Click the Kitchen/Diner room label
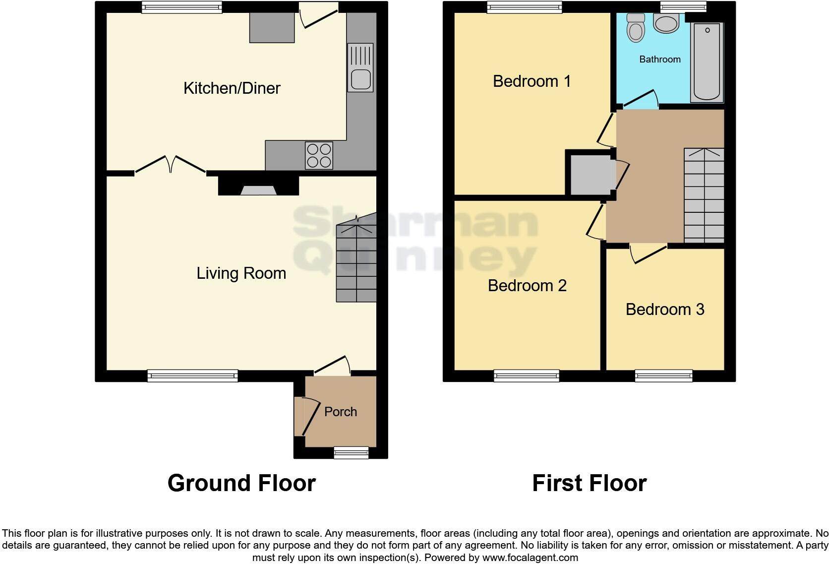(232, 88)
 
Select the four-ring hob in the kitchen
(319, 155)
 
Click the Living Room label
(241, 273)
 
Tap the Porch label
(341, 412)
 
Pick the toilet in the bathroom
(635, 28)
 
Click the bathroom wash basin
(666, 23)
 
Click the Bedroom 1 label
(532, 81)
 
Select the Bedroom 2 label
(527, 286)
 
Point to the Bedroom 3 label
(665, 310)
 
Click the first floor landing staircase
(704, 195)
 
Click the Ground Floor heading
(241, 483)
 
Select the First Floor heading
(589, 483)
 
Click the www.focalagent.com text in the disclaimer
(530, 558)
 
